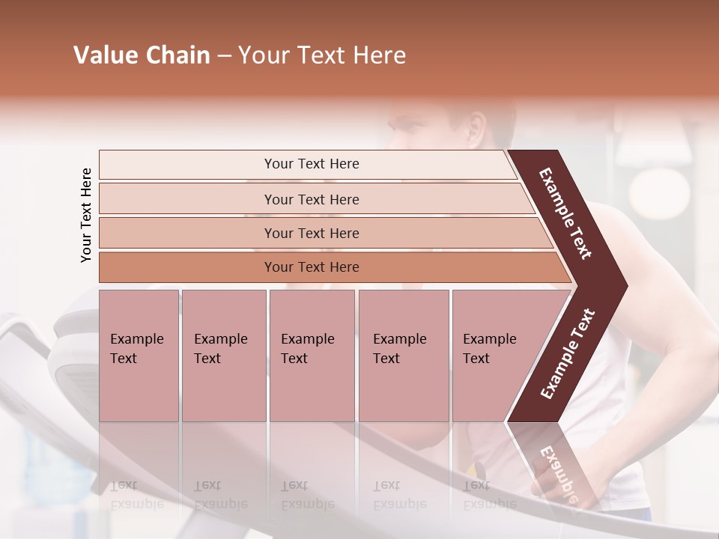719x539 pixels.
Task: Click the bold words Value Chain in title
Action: click(x=142, y=55)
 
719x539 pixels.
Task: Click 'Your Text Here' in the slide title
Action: click(x=322, y=55)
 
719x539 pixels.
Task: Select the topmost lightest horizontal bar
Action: click(x=307, y=164)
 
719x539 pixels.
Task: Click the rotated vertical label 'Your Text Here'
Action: click(x=86, y=215)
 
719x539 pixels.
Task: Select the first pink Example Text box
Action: click(x=139, y=355)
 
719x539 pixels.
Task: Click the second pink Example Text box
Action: click(x=223, y=355)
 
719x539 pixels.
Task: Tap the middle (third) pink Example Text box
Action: click(x=311, y=355)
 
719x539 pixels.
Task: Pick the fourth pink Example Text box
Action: click(x=403, y=355)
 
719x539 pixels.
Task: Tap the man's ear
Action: click(x=476, y=127)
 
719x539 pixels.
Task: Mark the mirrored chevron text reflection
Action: click(x=558, y=472)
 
